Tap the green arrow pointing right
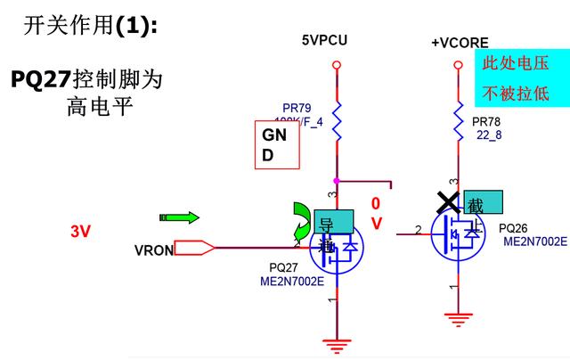tap(179, 217)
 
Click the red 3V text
tap(81, 232)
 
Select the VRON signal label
tap(153, 250)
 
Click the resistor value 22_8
tap(488, 135)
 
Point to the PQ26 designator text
tap(515, 228)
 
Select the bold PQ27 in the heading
tap(40, 78)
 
